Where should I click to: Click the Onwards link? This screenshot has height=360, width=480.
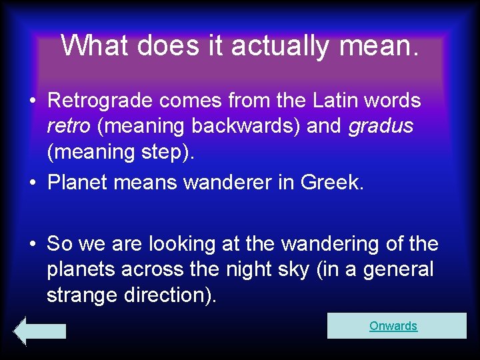point(393,326)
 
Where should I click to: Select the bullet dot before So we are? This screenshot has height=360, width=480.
point(32,245)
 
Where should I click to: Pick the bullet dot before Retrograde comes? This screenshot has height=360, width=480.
point(32,101)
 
